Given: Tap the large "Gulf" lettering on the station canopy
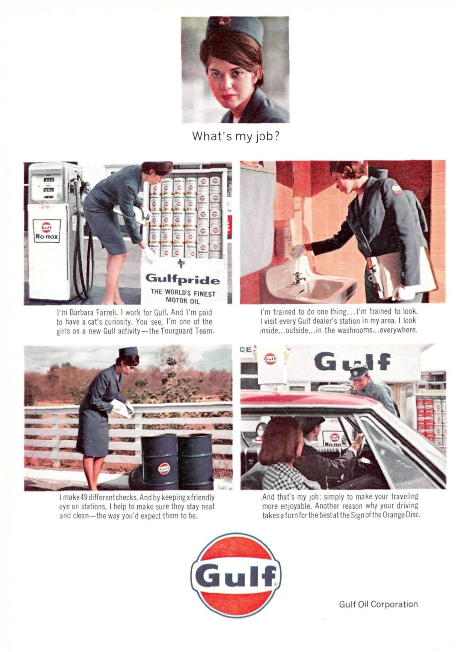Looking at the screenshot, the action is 352,362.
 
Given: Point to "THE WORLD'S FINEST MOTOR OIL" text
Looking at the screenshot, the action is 183,297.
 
